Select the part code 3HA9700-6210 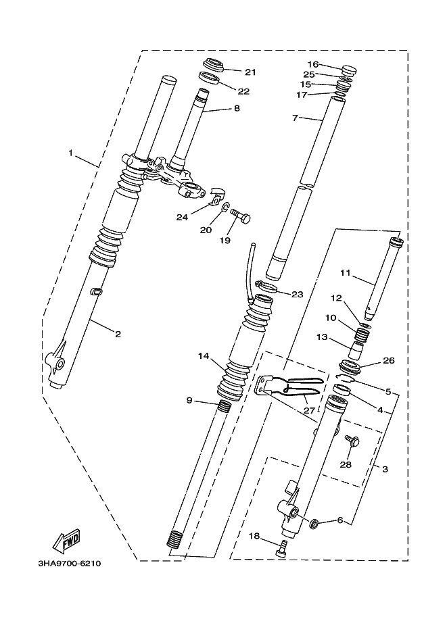pyautogui.click(x=71, y=562)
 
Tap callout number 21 pyautogui.click(x=251, y=72)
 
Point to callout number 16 pyautogui.click(x=312, y=64)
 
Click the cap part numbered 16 pyautogui.click(x=350, y=70)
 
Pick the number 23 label pyautogui.click(x=298, y=294)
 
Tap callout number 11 pyautogui.click(x=345, y=274)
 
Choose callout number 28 pyautogui.click(x=346, y=465)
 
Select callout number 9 pyautogui.click(x=189, y=400)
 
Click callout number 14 pyautogui.click(x=204, y=355)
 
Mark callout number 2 pyautogui.click(x=118, y=334)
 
